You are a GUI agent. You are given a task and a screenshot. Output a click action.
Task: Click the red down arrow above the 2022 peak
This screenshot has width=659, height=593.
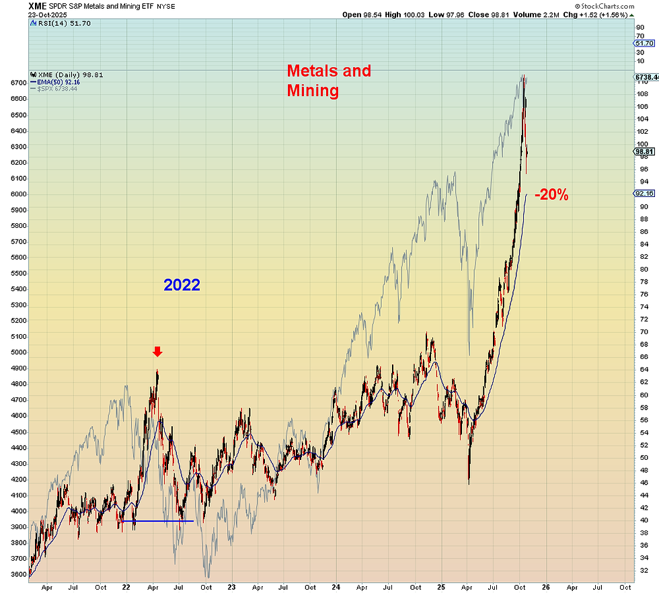pos(157,352)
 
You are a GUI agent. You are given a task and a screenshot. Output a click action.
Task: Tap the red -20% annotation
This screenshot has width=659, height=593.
pos(551,196)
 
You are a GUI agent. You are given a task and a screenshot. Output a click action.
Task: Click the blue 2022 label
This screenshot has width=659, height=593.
pos(182,285)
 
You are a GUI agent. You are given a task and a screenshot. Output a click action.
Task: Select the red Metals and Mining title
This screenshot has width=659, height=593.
pos(329,80)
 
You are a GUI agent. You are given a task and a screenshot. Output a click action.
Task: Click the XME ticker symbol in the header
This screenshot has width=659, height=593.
pos(38,5)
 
